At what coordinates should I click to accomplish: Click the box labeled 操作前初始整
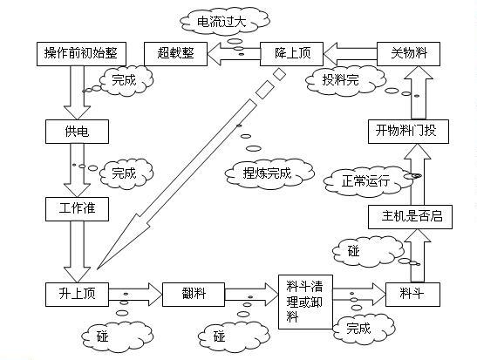click(81, 54)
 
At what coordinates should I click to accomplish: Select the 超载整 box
click(175, 54)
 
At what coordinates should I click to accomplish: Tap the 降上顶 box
click(291, 54)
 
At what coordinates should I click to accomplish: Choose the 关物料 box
click(409, 54)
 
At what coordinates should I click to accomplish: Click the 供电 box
click(77, 132)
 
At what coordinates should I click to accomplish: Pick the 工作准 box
click(77, 209)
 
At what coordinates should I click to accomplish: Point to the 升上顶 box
click(77, 295)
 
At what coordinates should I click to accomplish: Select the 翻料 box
click(194, 295)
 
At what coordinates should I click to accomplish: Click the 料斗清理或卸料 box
click(305, 302)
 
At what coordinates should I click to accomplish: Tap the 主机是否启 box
click(410, 217)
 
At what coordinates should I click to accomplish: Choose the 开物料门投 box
click(408, 132)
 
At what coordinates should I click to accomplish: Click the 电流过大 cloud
click(224, 21)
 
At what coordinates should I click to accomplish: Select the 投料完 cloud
click(345, 80)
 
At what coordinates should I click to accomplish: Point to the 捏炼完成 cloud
click(269, 173)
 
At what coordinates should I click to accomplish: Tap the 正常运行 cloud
click(367, 181)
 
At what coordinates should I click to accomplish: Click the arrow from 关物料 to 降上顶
click(350, 54)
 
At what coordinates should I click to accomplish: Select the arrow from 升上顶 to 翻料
click(135, 295)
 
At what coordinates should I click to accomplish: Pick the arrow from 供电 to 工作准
click(77, 170)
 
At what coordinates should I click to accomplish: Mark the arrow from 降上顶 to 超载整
click(234, 54)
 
